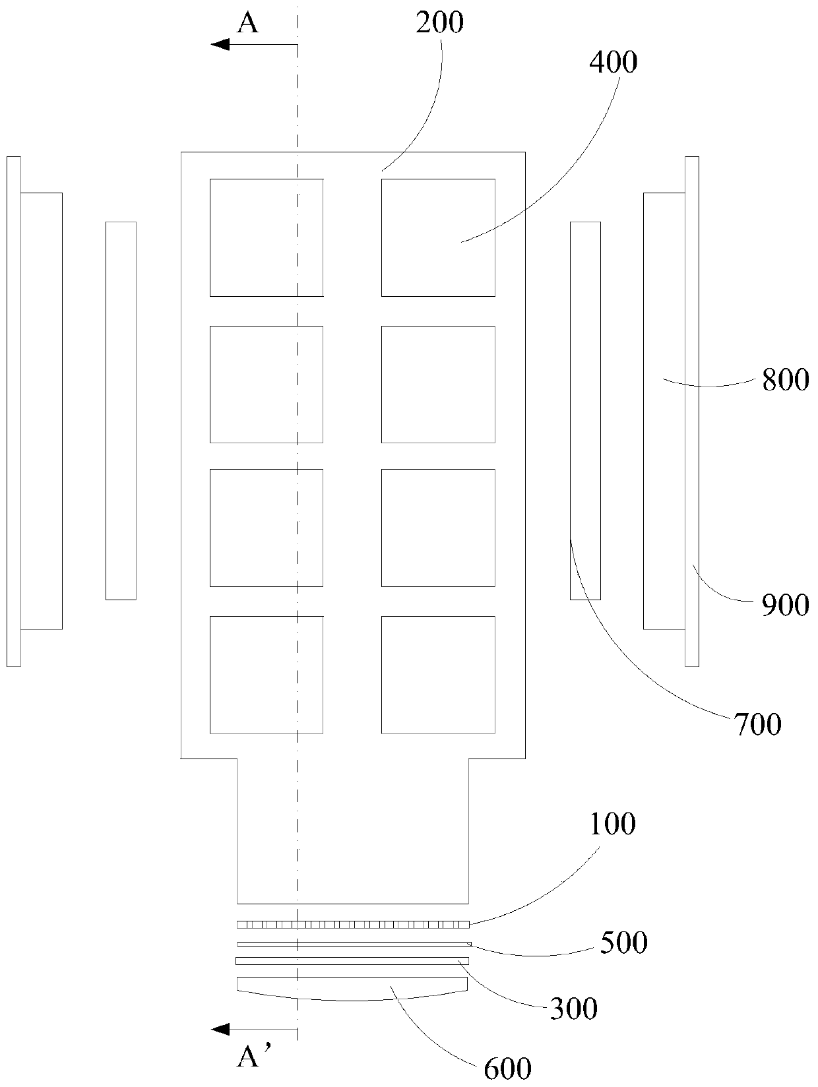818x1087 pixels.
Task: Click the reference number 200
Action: (439, 22)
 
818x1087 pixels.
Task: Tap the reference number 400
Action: (613, 63)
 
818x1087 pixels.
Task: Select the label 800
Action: (785, 381)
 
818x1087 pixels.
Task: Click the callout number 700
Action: (757, 724)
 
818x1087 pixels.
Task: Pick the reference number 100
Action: (612, 824)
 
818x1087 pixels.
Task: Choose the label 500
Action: (624, 943)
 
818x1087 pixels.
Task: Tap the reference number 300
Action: (574, 1009)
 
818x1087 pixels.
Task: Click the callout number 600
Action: (507, 1069)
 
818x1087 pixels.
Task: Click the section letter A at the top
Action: (248, 24)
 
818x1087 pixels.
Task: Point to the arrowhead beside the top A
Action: (220, 44)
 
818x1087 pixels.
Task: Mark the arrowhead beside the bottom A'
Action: (220, 1029)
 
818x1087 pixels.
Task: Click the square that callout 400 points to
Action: (438, 237)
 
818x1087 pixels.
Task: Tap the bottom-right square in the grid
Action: (438, 675)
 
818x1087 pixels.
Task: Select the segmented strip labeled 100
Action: (353, 924)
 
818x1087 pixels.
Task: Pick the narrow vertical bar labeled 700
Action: (585, 410)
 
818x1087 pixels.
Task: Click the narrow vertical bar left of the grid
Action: (121, 410)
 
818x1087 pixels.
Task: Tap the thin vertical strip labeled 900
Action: (691, 411)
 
